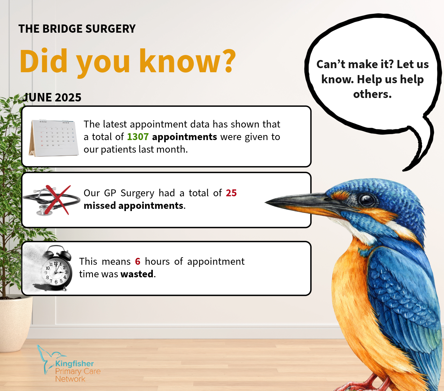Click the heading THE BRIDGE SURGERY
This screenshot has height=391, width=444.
click(77, 29)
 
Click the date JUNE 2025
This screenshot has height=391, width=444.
click(52, 97)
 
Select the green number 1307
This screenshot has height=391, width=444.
click(138, 137)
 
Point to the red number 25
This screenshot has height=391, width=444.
click(231, 193)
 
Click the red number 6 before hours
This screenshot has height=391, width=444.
click(138, 262)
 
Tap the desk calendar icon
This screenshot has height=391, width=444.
click(54, 138)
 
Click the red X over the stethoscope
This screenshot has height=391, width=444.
click(58, 200)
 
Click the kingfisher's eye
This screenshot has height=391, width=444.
click(366, 200)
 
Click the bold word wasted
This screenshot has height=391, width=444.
click(137, 274)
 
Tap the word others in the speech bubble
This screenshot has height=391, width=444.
click(372, 94)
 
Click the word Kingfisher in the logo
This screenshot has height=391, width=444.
click(74, 364)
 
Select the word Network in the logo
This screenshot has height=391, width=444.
click(70, 379)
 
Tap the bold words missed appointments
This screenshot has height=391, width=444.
click(133, 206)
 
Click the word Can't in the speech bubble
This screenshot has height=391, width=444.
click(330, 64)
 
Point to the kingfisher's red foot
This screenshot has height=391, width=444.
click(360, 383)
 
